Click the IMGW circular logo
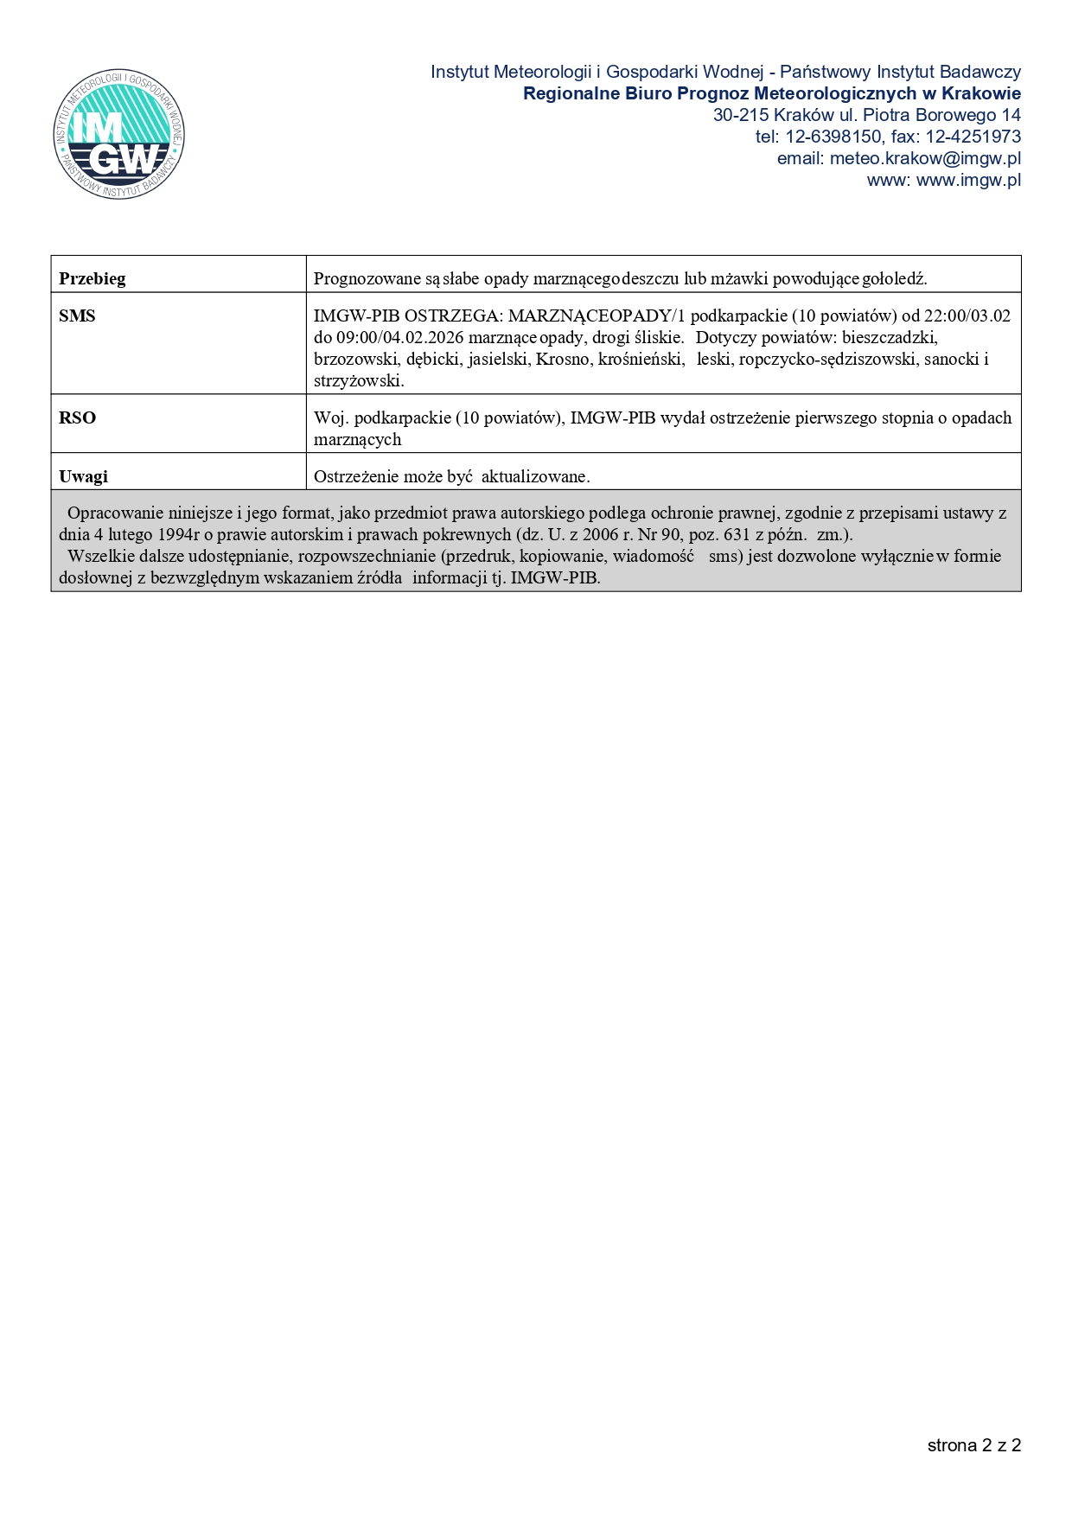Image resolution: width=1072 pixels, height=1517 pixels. click(118, 135)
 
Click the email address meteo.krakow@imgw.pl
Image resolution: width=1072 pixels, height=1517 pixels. click(925, 158)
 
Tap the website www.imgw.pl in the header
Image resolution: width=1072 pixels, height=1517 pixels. click(968, 180)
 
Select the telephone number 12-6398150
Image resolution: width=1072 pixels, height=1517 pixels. click(833, 137)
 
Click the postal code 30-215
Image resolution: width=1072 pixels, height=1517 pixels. click(741, 115)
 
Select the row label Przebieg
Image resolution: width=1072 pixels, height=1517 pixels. click(92, 278)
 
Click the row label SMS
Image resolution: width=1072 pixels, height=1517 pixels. click(77, 316)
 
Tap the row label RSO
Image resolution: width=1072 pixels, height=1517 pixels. click(77, 417)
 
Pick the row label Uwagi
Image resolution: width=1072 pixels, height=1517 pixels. click(83, 476)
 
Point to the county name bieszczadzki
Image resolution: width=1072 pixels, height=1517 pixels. click(890, 337)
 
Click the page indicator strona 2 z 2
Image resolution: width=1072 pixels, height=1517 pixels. click(974, 1445)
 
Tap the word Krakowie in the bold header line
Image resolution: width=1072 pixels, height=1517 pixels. click(980, 93)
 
